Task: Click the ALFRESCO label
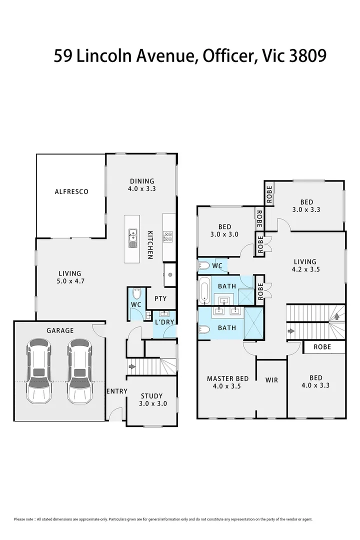tap(71, 191)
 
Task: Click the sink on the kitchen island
tap(132, 238)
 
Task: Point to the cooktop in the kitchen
tap(167, 236)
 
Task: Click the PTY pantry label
tap(160, 298)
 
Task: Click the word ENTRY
tap(117, 391)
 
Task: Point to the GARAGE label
tap(60, 330)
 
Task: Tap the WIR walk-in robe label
tap(271, 380)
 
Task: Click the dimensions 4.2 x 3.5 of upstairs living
tap(305, 269)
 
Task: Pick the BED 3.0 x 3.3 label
tap(306, 205)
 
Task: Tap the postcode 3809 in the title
tap(307, 56)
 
